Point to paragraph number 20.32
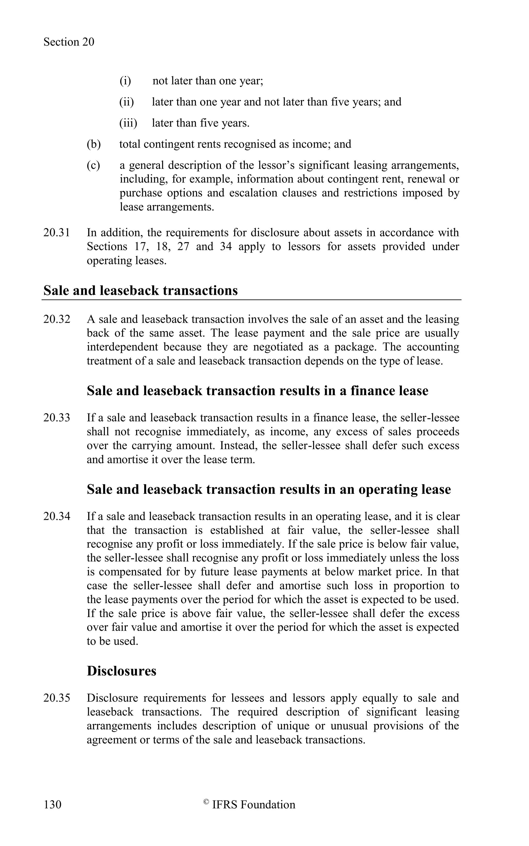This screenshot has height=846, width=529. click(57, 319)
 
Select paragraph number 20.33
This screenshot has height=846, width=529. click(57, 418)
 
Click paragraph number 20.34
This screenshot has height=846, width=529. click(57, 516)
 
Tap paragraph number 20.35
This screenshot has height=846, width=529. click(57, 698)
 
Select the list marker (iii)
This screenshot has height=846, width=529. click(128, 123)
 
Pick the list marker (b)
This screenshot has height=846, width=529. click(94, 144)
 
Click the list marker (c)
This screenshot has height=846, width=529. click(93, 165)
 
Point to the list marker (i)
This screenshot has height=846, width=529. click(125, 81)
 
